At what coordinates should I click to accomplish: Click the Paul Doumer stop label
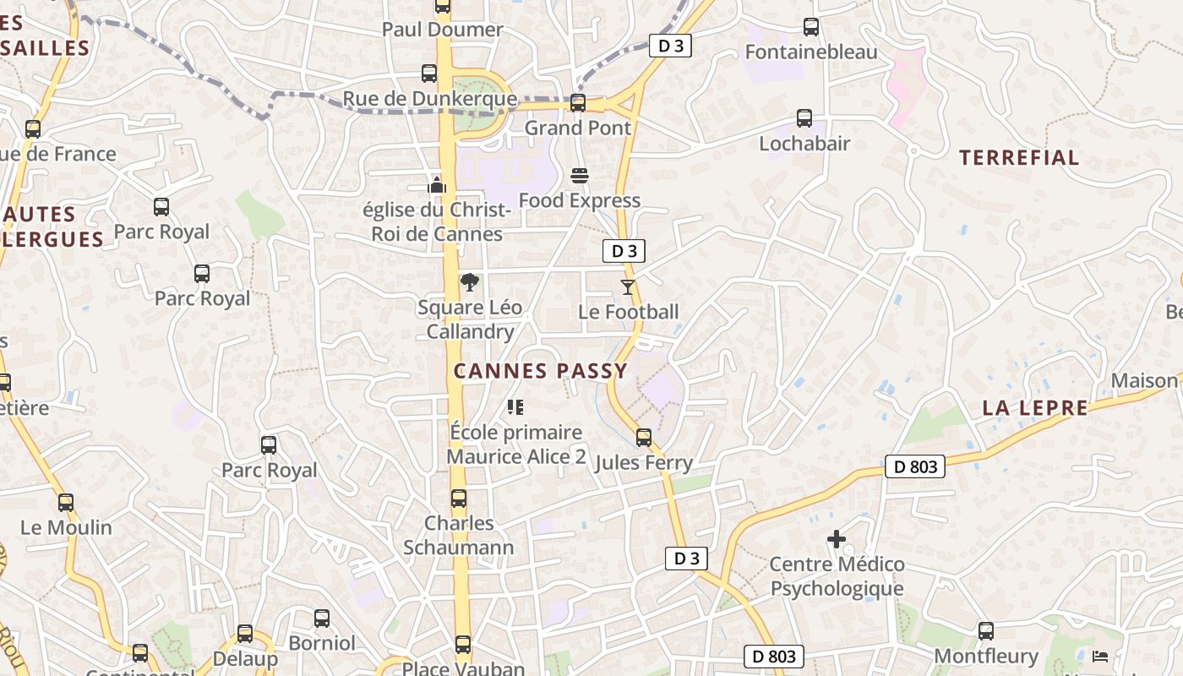coord(442,30)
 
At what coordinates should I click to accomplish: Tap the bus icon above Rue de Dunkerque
coord(429,74)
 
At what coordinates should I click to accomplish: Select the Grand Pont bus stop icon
coord(578,103)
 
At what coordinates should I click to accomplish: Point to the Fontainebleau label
coord(810,52)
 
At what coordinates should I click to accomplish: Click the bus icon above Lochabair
coord(804,118)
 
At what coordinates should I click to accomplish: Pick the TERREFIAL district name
coord(1019,157)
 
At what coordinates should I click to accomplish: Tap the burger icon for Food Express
coord(580,176)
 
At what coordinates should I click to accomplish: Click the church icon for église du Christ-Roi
coord(437,184)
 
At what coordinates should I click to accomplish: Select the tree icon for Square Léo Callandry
coord(470,282)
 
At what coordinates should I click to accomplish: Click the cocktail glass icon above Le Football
coord(627,287)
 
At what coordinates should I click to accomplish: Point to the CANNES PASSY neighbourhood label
coord(541,371)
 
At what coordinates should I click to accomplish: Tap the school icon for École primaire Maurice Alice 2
coord(515,407)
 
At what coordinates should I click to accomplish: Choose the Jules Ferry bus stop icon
coord(644,438)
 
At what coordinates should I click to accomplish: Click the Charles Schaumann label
coord(459,535)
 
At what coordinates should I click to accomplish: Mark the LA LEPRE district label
coord(1034,408)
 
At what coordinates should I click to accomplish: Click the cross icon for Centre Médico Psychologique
coord(837,539)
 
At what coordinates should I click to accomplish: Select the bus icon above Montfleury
coord(985,631)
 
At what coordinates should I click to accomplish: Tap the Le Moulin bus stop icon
coord(66,503)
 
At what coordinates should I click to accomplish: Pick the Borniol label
coord(322,643)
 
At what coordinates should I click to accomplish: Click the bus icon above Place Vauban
coord(463,645)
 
